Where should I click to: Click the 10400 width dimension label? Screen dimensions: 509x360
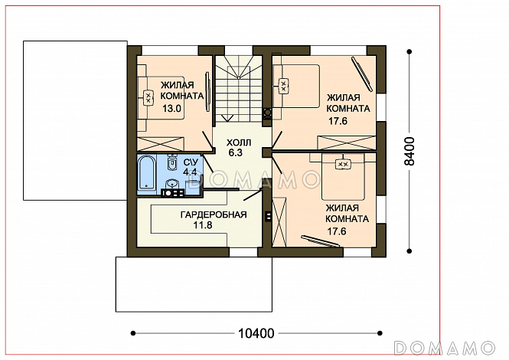[256, 333]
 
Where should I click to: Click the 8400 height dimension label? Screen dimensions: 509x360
[409, 152]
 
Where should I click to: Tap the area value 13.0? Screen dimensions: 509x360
[171, 108]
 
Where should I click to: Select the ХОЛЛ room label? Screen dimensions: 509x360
[239, 142]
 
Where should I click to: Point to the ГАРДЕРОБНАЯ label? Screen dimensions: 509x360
[214, 214]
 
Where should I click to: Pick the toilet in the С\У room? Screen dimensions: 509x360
[172, 162]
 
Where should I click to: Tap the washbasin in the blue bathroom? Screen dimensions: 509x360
[172, 185]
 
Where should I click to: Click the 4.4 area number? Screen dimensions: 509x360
[190, 172]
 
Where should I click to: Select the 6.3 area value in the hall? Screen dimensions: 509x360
[236, 152]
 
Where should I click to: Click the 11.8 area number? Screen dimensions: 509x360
[203, 225]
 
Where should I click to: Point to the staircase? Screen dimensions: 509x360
[239, 89]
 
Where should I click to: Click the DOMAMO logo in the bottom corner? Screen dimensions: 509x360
[445, 348]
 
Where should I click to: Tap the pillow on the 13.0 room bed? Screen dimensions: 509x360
[148, 97]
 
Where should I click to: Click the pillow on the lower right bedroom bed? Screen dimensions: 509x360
[342, 165]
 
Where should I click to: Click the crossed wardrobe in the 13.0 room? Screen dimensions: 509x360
[161, 144]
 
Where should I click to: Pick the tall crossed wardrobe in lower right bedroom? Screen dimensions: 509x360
[279, 223]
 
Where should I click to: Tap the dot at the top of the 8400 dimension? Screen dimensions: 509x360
[409, 51]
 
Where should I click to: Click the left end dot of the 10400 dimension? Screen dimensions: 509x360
[132, 333]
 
